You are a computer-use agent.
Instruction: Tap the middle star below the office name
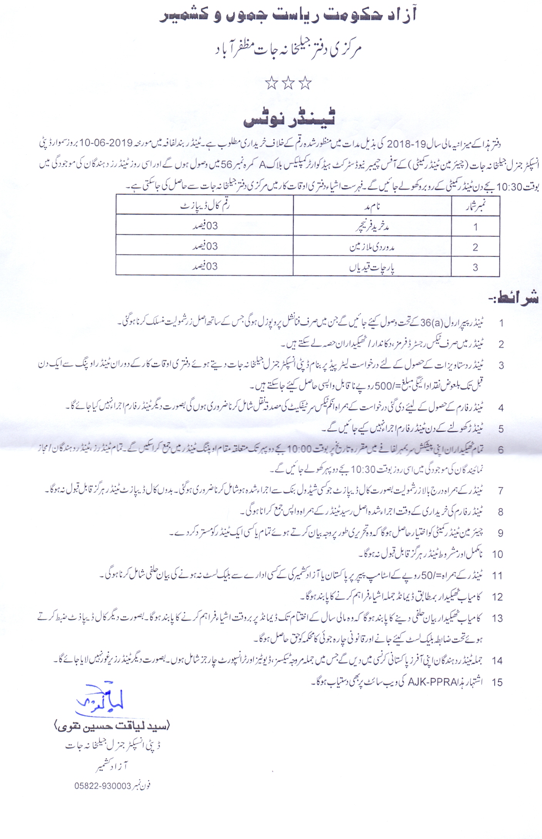(288, 83)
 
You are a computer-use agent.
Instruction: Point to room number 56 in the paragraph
(226, 165)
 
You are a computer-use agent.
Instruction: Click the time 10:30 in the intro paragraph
(509, 187)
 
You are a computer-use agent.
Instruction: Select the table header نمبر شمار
(475, 206)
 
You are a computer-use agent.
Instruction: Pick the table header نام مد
(372, 206)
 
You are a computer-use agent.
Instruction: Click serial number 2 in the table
(475, 247)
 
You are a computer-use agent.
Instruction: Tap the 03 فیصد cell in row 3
(205, 266)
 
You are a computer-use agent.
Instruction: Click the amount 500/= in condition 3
(385, 386)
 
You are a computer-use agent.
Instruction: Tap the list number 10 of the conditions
(497, 554)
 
